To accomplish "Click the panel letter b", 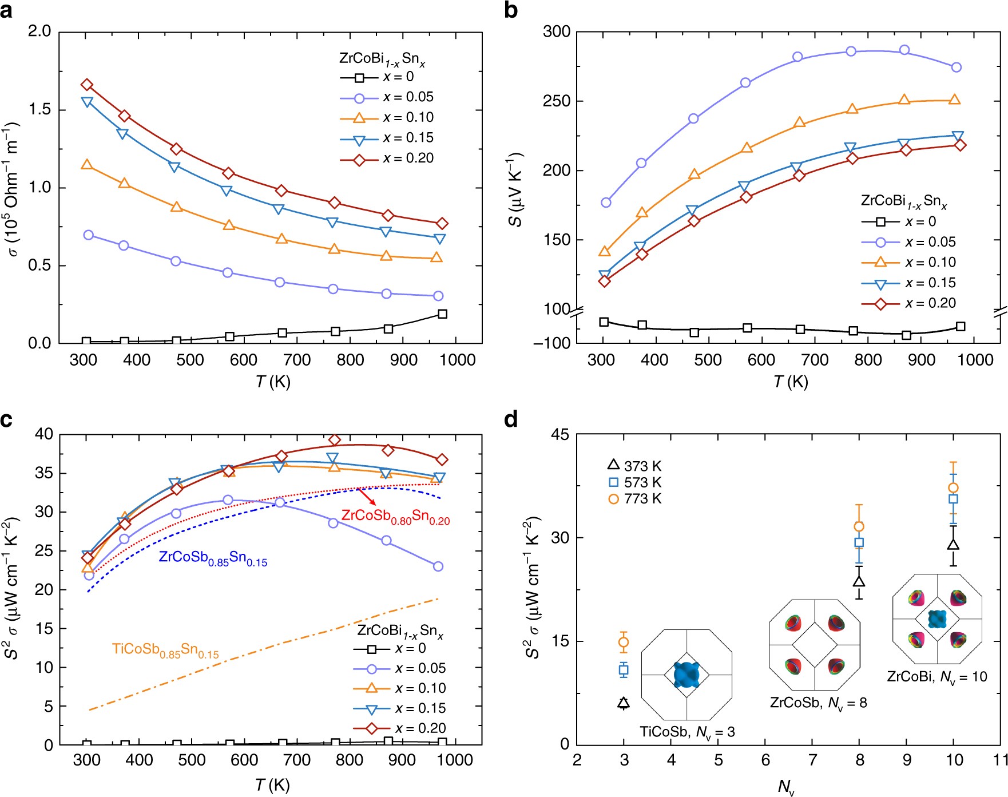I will click(511, 10).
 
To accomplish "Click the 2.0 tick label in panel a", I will click(39, 31).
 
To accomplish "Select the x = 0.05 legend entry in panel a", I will click(387, 97).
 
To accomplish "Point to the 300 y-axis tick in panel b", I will click(556, 31).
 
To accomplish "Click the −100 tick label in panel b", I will click(551, 343).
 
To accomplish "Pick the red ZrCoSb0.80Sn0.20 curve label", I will click(395, 516).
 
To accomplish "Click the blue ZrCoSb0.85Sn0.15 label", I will click(213, 558).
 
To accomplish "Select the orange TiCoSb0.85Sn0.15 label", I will click(165, 651).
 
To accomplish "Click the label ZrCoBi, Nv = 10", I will click(936, 677).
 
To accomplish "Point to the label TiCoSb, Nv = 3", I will click(686, 732).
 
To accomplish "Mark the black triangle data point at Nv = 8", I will click(859, 581).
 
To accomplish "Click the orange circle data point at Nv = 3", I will click(624, 642).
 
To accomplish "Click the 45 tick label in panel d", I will click(560, 435).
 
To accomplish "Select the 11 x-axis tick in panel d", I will click(1000, 760).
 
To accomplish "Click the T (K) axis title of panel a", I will click(273, 382).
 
